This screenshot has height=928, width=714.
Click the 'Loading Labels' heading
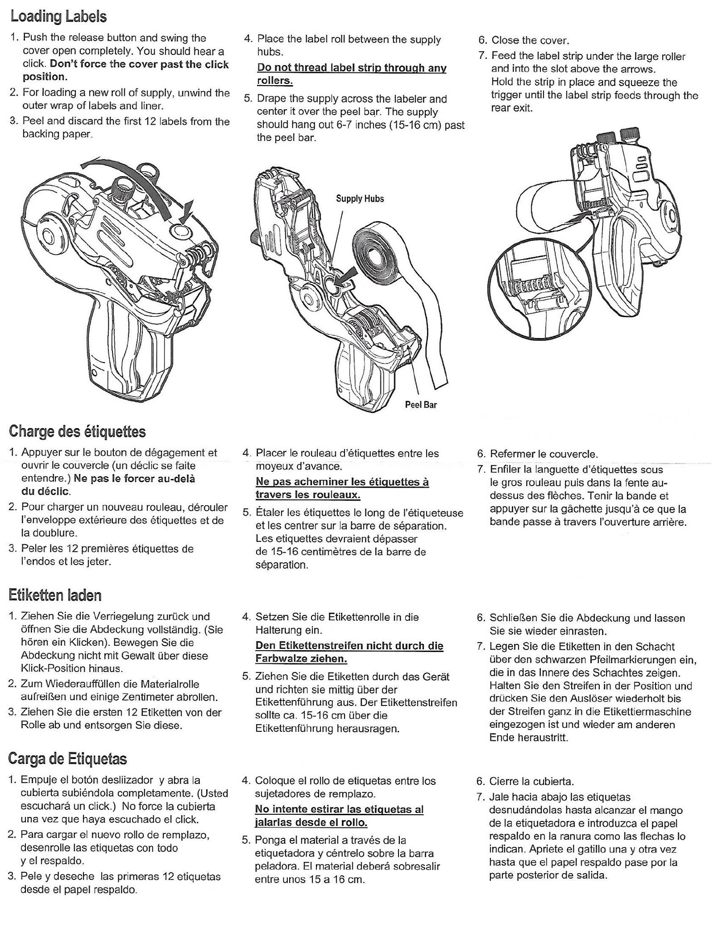click(x=58, y=17)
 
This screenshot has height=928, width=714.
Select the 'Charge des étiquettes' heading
click(x=77, y=431)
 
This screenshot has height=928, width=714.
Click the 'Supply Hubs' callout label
click(x=359, y=198)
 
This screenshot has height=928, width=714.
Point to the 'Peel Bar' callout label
click(x=420, y=405)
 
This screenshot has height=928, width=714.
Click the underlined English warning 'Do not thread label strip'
click(x=351, y=74)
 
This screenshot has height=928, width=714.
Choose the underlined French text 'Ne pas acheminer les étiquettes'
click(x=342, y=488)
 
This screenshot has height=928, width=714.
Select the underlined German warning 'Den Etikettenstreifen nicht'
click(x=349, y=651)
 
